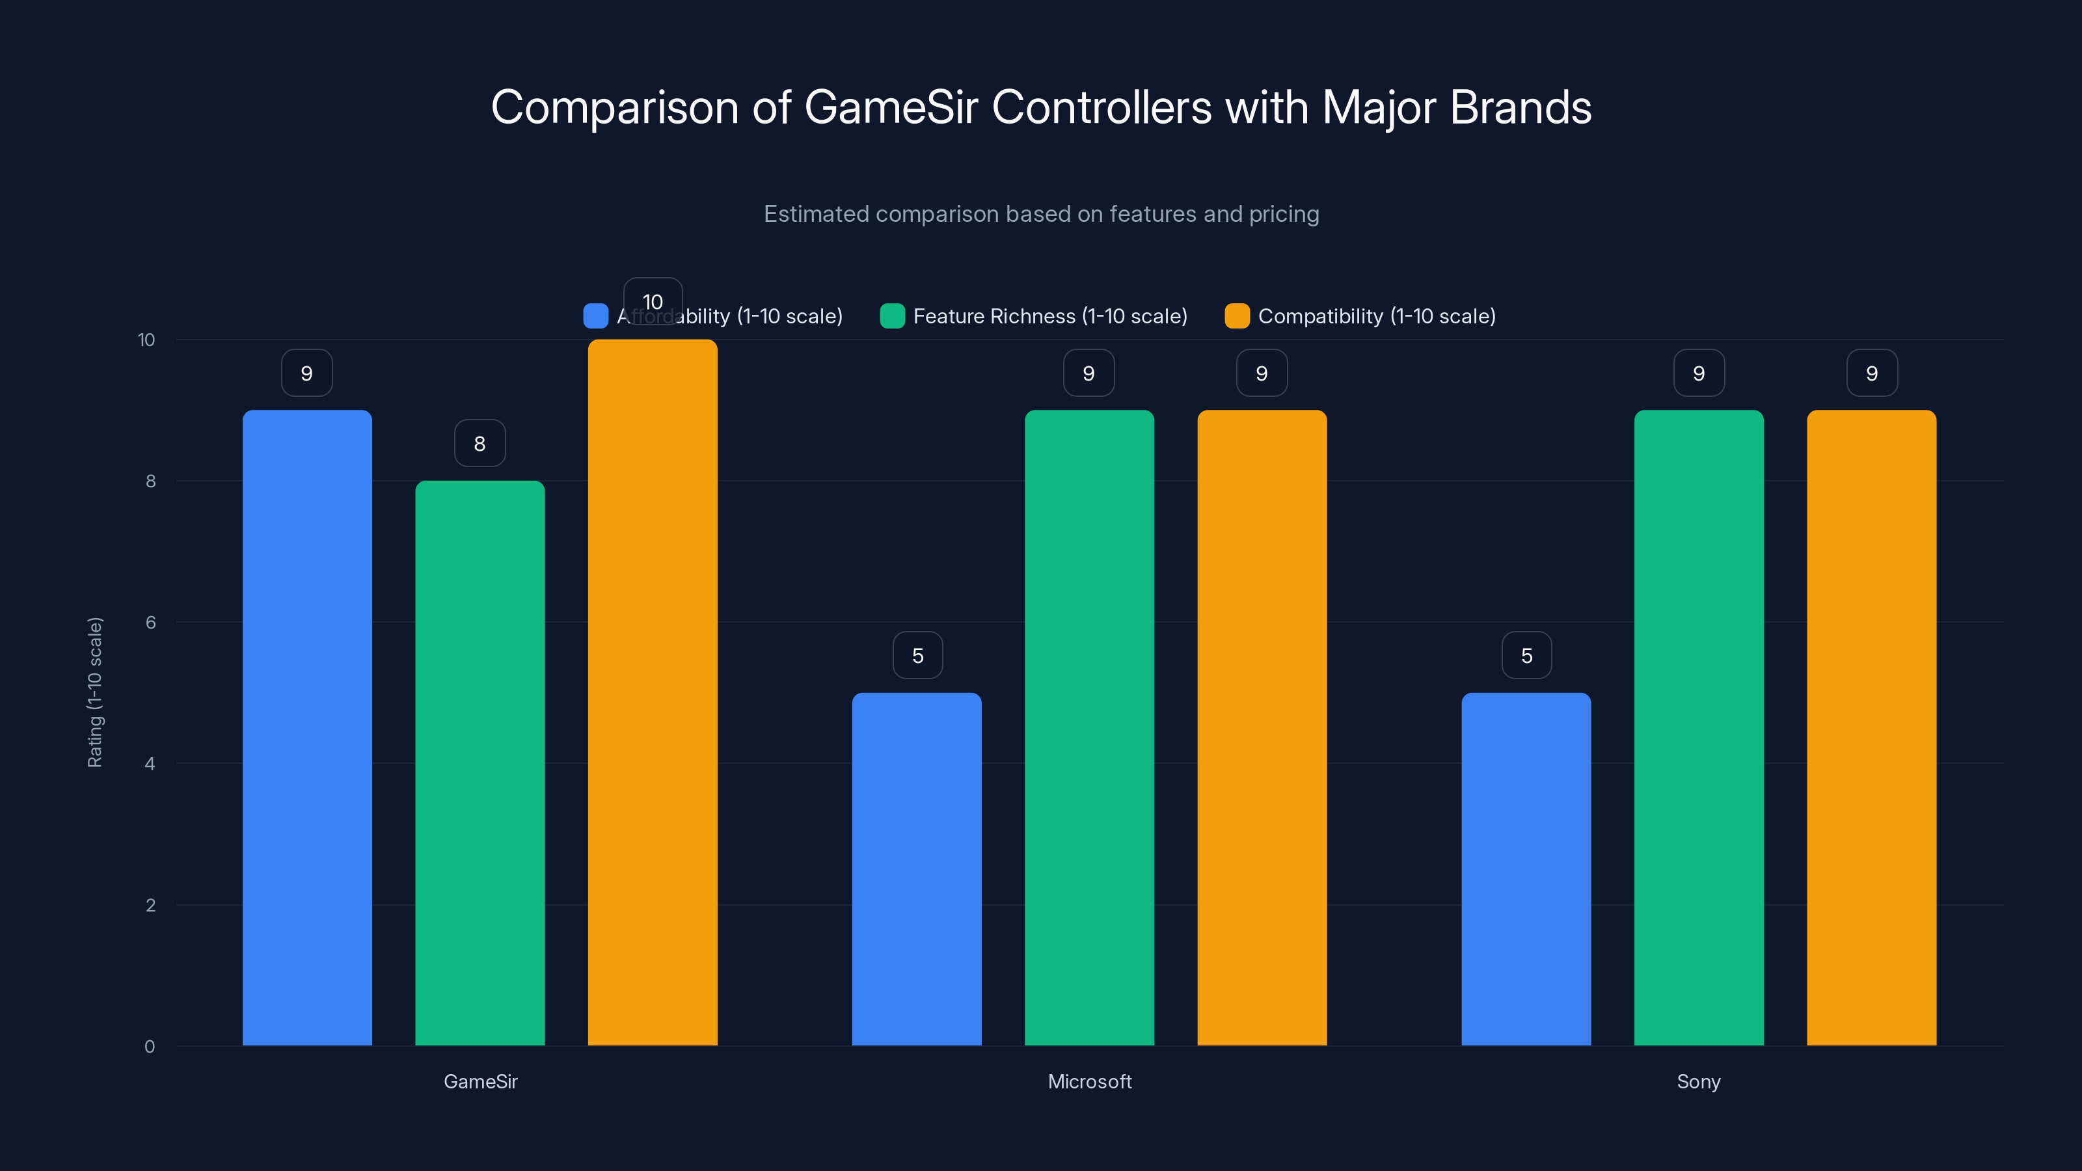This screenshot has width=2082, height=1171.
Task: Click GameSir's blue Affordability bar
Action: click(307, 727)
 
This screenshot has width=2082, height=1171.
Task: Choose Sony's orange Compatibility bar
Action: click(1871, 727)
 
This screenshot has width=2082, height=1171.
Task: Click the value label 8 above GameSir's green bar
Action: click(480, 443)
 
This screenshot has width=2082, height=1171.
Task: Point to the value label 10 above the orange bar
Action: click(652, 301)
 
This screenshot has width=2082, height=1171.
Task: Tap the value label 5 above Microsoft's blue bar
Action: click(917, 655)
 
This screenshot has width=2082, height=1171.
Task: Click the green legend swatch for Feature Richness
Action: click(892, 316)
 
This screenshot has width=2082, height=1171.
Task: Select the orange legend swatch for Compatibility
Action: click(1237, 316)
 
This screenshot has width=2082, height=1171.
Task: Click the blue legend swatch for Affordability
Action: click(596, 316)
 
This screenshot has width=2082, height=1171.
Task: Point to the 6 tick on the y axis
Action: click(150, 623)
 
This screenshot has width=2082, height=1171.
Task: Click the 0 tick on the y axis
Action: click(150, 1047)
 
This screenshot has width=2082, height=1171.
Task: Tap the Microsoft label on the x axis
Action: click(1090, 1081)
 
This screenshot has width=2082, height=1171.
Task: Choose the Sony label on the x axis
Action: click(1698, 1081)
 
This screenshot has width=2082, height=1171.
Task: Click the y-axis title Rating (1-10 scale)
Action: click(96, 693)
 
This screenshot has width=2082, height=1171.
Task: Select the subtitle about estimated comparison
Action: click(1041, 214)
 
